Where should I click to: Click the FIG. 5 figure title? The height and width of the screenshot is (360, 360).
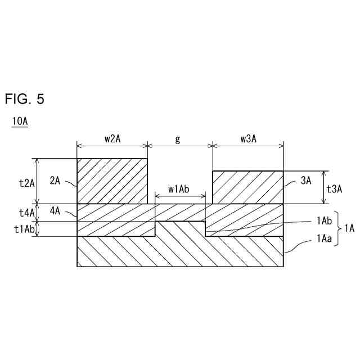(24, 100)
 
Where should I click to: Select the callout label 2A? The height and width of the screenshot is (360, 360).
(55, 181)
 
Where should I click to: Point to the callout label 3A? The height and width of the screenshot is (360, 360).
(306, 181)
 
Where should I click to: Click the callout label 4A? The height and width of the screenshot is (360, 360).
(55, 211)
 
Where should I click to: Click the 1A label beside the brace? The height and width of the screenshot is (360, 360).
(349, 228)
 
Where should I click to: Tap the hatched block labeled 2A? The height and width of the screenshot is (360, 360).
(112, 181)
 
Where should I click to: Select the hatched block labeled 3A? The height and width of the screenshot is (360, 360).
(247, 187)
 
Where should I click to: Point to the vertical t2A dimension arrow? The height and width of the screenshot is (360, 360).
(38, 181)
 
